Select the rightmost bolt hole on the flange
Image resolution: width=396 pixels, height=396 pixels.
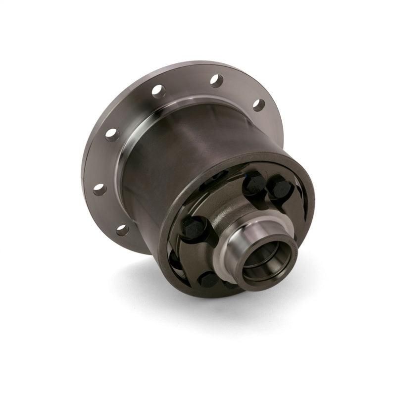point(258,104)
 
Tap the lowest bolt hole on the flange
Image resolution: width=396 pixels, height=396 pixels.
point(122,230)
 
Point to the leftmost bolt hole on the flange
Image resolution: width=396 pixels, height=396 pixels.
point(99,189)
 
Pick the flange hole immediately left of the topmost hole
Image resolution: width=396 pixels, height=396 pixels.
point(158,91)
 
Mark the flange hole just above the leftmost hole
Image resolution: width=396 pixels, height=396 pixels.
point(112,135)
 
